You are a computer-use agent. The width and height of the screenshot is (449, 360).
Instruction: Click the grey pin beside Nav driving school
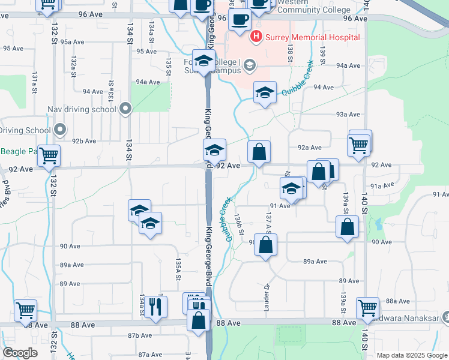click(x=125, y=109)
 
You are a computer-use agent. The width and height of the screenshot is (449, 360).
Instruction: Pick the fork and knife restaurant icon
click(x=155, y=306)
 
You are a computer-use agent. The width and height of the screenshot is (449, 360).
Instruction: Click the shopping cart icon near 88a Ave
click(x=367, y=307)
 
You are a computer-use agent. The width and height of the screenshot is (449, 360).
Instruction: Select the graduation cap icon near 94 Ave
click(x=265, y=92)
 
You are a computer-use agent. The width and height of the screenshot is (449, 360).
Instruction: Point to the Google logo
click(x=20, y=353)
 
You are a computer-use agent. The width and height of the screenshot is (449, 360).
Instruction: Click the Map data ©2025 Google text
click(x=411, y=355)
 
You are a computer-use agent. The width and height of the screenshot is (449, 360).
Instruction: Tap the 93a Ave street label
click(x=348, y=114)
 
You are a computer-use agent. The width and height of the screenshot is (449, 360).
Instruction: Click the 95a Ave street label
click(x=71, y=42)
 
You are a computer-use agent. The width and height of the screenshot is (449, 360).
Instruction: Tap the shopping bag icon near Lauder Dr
click(x=265, y=244)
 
